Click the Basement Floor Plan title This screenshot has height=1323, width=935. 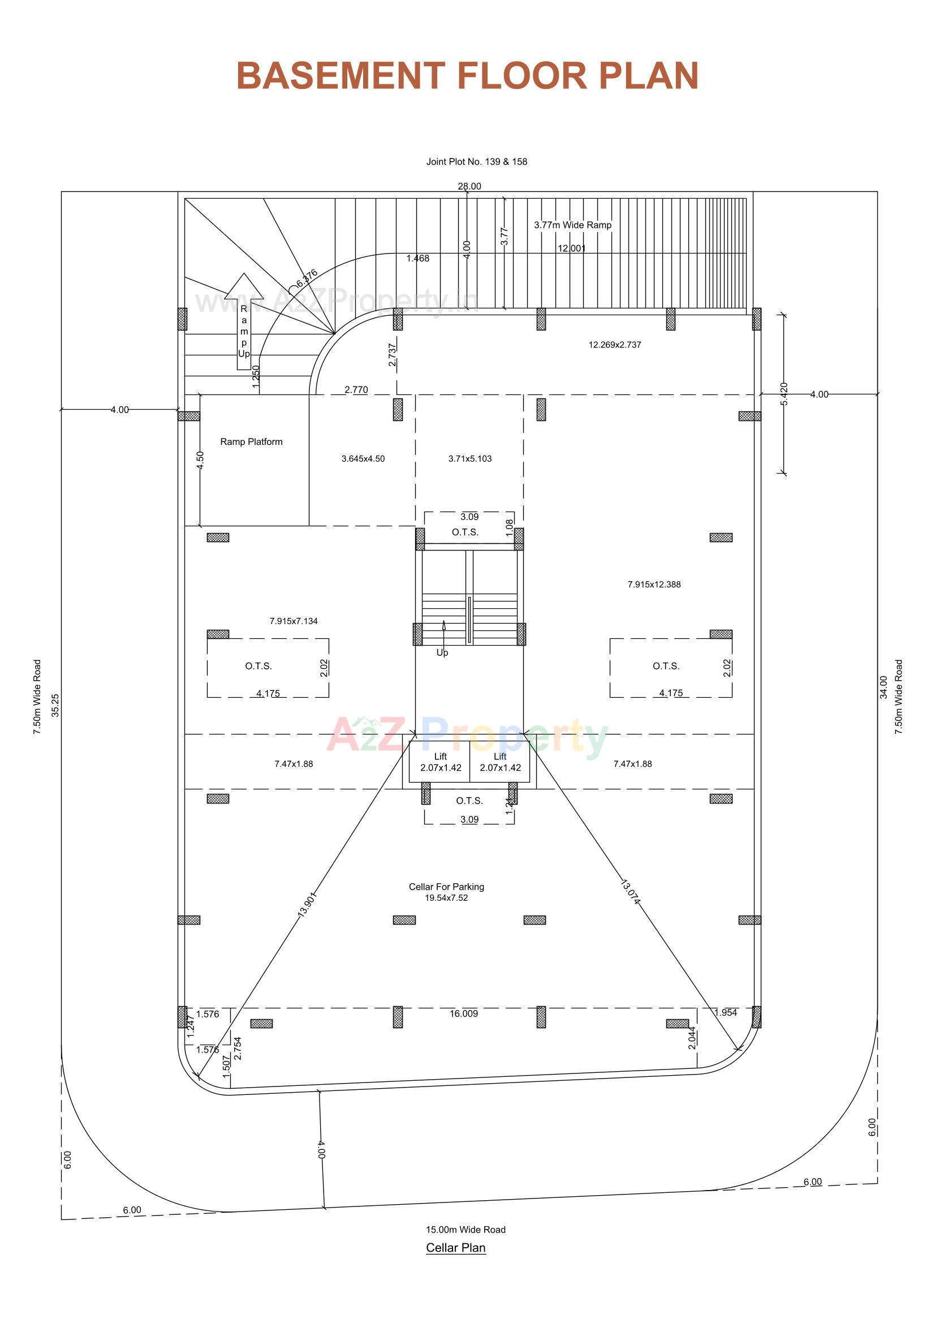click(467, 75)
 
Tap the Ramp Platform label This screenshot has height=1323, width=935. click(251, 442)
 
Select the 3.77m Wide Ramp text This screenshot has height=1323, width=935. click(572, 225)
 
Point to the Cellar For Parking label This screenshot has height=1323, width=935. click(446, 887)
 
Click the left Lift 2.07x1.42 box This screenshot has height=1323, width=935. click(440, 762)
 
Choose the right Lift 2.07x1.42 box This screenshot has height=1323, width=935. click(500, 762)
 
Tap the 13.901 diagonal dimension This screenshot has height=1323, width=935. click(307, 905)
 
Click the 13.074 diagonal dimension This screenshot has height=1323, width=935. click(630, 892)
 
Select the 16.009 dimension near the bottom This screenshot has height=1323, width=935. click(464, 1013)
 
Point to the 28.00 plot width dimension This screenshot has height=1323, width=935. click(469, 186)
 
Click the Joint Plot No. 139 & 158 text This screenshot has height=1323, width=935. click(476, 162)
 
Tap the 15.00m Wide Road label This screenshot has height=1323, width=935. click(466, 1229)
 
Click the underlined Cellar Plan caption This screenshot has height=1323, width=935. click(456, 1248)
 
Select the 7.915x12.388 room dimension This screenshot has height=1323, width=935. click(654, 585)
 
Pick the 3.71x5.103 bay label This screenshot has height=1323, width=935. click(470, 459)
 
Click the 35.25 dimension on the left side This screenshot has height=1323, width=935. click(55, 705)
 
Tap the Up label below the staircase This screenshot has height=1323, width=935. click(442, 652)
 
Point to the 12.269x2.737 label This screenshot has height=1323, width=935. click(615, 345)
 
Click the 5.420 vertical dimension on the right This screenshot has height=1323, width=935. click(784, 394)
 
